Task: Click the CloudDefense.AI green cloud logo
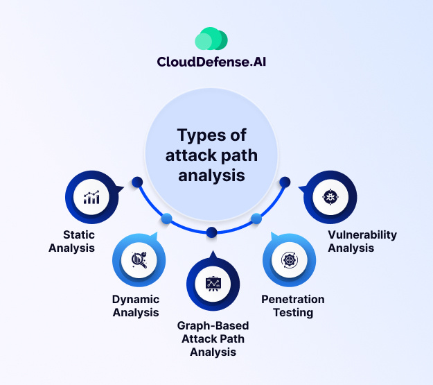[212, 39]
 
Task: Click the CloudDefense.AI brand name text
[212, 62]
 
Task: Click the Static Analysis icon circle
[91, 198]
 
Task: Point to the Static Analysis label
[72, 241]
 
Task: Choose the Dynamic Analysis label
[136, 306]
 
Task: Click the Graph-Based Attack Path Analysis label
[213, 339]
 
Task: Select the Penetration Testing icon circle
[290, 260]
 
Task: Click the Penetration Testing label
[292, 306]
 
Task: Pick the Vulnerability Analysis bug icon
[330, 198]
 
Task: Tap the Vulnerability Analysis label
[362, 241]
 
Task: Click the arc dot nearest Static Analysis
[137, 182]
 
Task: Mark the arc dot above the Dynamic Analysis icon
[166, 219]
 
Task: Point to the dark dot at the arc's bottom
[212, 232]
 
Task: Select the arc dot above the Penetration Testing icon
[256, 219]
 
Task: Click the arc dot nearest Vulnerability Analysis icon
[284, 182]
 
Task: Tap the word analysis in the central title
[212, 176]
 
